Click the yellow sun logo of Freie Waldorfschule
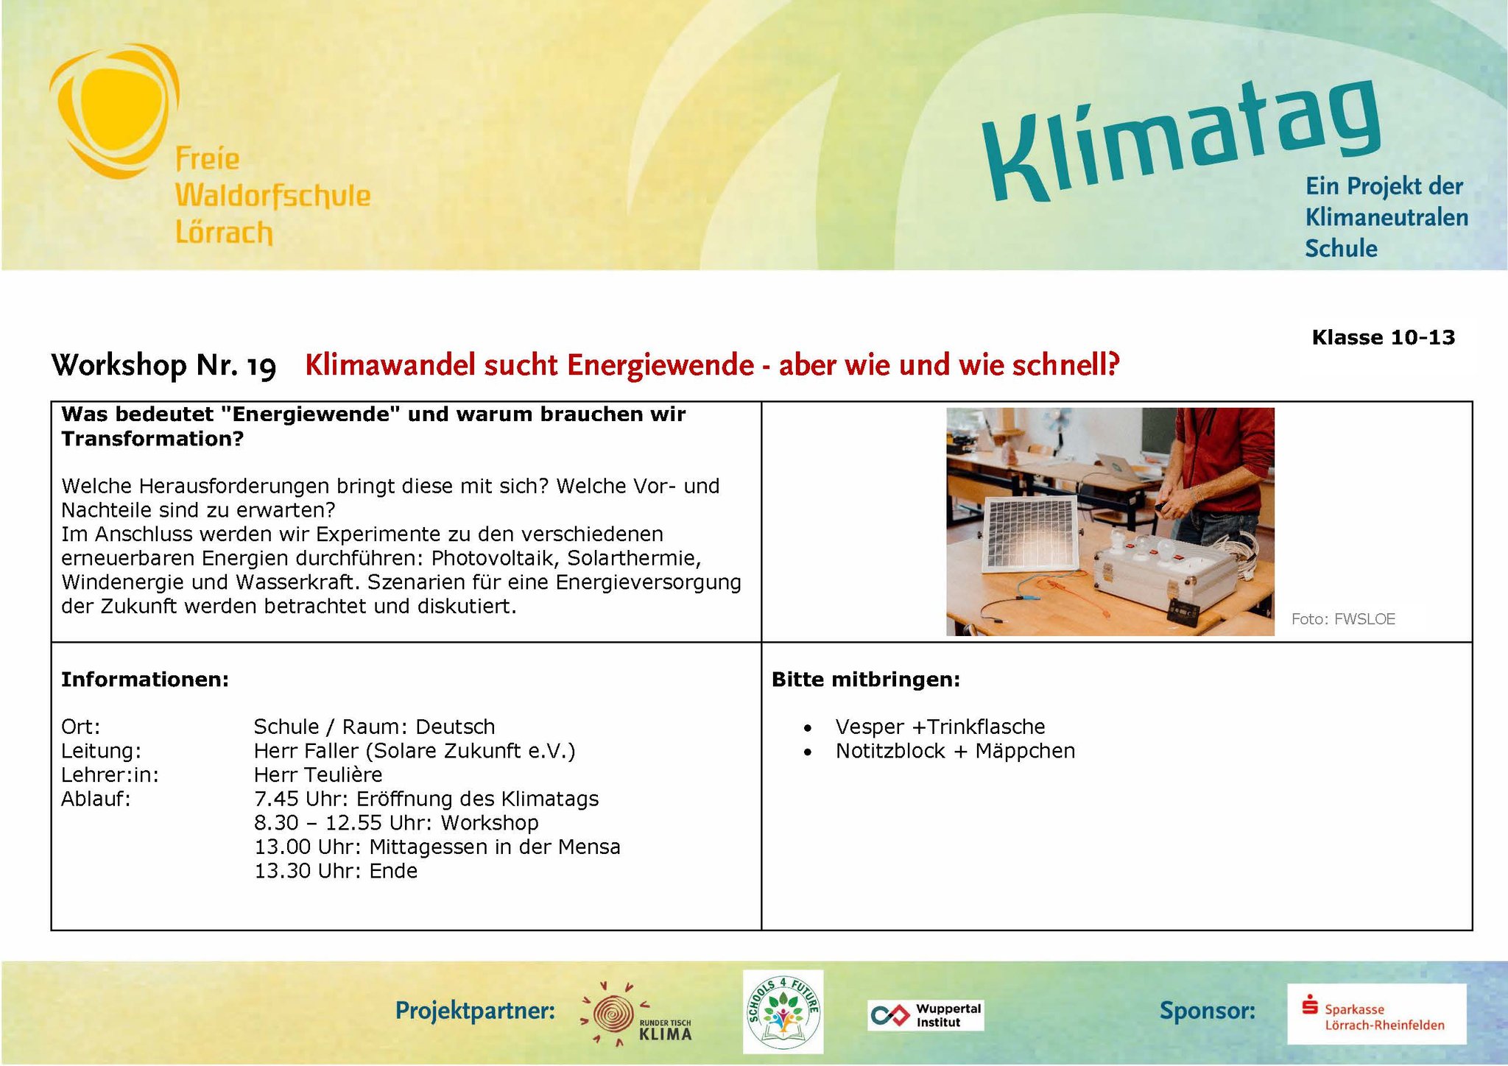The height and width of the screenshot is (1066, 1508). coord(115,110)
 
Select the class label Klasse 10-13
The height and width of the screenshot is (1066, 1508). coord(1383,337)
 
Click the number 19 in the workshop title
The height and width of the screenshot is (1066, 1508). coord(261,366)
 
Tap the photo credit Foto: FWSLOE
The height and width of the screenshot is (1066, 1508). coord(1343,619)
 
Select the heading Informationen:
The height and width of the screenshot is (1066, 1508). coord(145,680)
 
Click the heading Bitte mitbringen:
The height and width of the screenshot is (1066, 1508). coord(866,680)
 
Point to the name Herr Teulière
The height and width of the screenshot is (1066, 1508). coord(318,774)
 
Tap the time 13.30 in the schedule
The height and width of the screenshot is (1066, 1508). coord(283,871)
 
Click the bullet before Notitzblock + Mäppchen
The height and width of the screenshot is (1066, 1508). coord(808,752)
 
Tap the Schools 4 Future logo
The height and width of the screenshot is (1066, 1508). coord(783,1011)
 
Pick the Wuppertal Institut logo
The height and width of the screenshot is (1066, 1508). coord(926,1015)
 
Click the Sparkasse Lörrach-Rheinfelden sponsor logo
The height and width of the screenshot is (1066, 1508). coord(1376,1014)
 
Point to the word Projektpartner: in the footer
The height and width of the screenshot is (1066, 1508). coord(475,1011)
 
